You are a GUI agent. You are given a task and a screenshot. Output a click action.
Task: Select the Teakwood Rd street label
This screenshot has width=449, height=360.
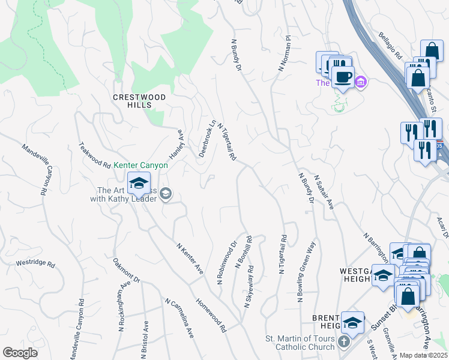point(95,155)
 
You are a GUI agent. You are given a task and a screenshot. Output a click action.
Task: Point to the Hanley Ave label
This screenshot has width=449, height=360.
point(175,144)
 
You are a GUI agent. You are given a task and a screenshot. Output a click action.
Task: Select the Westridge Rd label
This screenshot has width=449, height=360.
point(35,263)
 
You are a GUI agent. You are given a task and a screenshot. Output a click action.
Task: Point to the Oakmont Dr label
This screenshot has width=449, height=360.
point(126,271)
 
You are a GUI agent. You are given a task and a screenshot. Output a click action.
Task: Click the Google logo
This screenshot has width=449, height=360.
point(20,353)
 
